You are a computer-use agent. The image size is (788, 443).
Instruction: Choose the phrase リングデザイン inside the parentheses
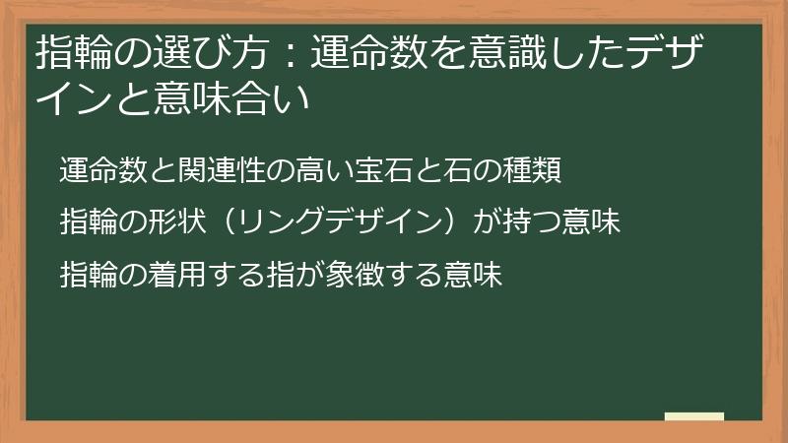pyautogui.click(x=341, y=222)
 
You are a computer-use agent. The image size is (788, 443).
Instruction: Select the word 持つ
pyautogui.click(x=535, y=222)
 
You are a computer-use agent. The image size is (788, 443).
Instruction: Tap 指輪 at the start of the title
pyautogui.click(x=68, y=52)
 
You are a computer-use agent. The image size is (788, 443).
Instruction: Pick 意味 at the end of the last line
pyautogui.click(x=476, y=275)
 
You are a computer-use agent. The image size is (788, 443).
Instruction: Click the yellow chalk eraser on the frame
pyautogui.click(x=693, y=416)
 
